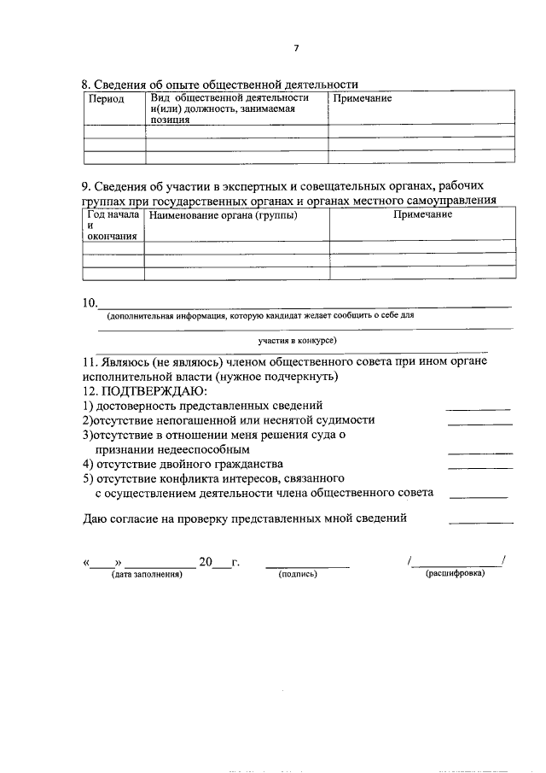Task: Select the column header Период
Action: [107, 100]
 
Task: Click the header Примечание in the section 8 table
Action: [363, 99]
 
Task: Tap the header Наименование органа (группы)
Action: [223, 214]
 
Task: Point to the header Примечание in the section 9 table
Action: [422, 214]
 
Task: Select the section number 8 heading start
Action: [85, 84]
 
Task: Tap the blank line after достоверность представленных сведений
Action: [479, 409]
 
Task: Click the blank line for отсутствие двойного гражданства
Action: [479, 467]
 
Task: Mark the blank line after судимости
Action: [479, 424]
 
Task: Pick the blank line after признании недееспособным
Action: [479, 453]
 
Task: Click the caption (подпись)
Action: [298, 575]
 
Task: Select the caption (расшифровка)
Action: [455, 574]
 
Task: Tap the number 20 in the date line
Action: [205, 562]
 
